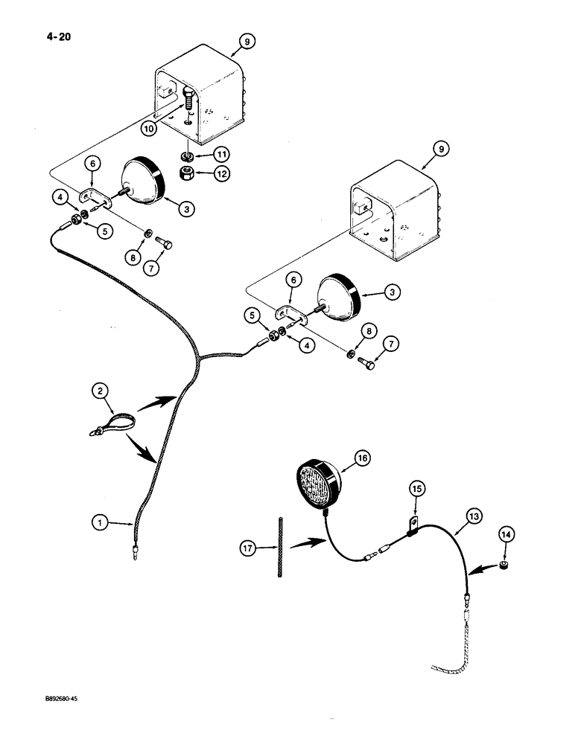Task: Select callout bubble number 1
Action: (x=98, y=525)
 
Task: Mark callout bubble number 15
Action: (x=416, y=489)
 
